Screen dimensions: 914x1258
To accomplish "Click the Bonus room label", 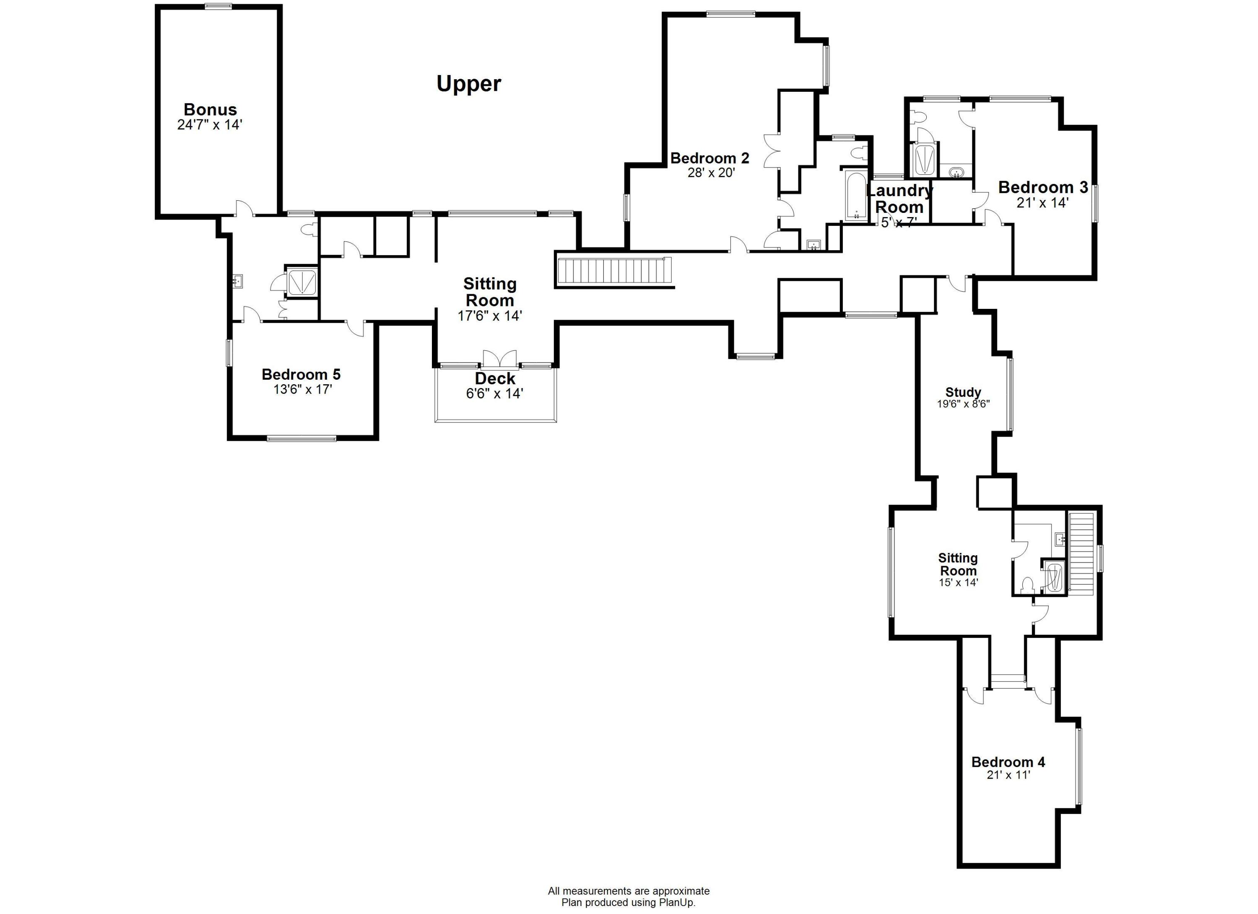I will pyautogui.click(x=210, y=109).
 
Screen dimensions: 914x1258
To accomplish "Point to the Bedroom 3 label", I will pyautogui.click(x=1043, y=187).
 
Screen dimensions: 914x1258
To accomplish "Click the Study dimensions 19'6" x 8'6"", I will pyautogui.click(x=964, y=404).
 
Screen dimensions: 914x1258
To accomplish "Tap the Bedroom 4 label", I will pyautogui.click(x=1008, y=762).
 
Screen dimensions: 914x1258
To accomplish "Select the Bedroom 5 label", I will pyautogui.click(x=301, y=374).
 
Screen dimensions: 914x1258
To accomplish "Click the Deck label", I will pyautogui.click(x=495, y=378).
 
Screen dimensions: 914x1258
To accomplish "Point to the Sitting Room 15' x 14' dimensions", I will pyautogui.click(x=958, y=583).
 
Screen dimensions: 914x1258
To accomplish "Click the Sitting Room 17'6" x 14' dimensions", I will pyautogui.click(x=490, y=316).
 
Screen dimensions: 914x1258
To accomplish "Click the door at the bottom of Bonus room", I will pyautogui.click(x=244, y=209).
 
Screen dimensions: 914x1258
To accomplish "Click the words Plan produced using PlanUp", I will pyautogui.click(x=629, y=902).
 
